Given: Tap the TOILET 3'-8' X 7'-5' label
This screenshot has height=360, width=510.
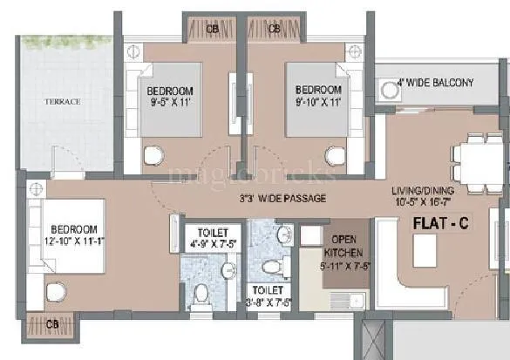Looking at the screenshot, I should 269,296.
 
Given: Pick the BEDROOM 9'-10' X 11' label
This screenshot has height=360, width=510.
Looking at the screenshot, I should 318,97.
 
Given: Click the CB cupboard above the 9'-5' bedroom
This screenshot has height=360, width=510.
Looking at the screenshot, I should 212,29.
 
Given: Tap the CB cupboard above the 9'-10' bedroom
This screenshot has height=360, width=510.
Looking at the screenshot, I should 274,29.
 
